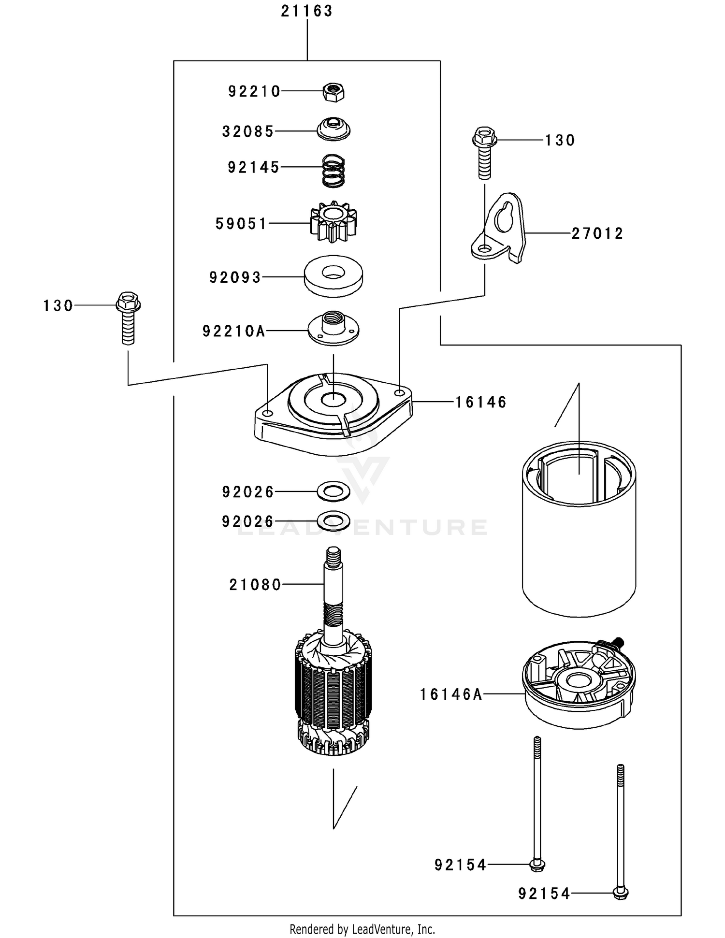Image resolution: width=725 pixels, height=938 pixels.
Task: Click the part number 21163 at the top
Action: (306, 11)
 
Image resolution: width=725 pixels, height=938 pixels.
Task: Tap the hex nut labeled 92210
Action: (333, 91)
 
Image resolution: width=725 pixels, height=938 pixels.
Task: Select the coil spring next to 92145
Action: (333, 171)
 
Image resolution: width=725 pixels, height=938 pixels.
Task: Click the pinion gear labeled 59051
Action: (333, 222)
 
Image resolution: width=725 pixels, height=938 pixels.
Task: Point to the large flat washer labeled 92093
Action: (333, 277)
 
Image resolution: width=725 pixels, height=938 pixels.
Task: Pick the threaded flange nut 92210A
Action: (333, 328)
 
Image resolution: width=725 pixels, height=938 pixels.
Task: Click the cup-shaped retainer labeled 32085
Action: (333, 130)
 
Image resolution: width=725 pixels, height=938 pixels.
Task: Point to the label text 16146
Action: (481, 402)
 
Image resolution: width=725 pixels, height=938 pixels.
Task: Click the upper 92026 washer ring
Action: (333, 491)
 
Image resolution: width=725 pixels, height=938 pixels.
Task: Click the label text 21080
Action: (255, 585)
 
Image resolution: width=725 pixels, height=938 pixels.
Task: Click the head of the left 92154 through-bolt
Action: (537, 865)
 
